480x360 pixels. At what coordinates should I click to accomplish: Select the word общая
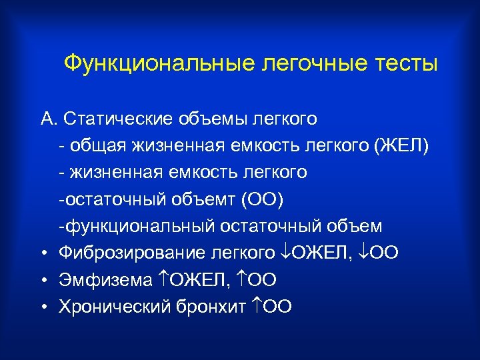tap(95, 145)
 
